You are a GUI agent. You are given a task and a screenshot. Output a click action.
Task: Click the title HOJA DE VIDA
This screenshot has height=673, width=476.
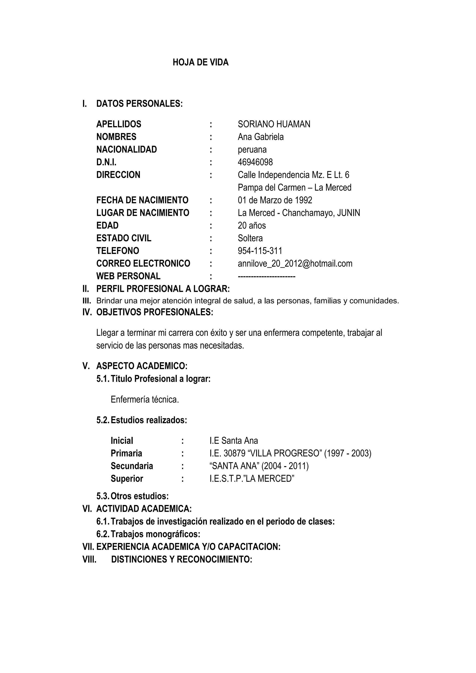pyautogui.click(x=201, y=63)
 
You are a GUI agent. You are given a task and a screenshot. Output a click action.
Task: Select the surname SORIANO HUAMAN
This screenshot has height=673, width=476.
pyautogui.click(x=274, y=124)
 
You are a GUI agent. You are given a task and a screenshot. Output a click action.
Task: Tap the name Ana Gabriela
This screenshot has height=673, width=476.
pyautogui.click(x=261, y=137)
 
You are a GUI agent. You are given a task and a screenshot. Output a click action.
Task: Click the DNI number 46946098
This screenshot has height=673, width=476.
pyautogui.click(x=255, y=162)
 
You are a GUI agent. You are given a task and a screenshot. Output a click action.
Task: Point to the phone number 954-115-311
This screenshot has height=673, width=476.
pyautogui.click(x=260, y=251)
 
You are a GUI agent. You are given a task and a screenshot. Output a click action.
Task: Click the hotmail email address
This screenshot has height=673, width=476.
pyautogui.click(x=295, y=264)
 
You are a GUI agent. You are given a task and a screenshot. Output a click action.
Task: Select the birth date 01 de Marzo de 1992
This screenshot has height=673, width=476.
pyautogui.click(x=275, y=200)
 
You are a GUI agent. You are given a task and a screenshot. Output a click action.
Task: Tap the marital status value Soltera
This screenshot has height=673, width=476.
pyautogui.click(x=250, y=238)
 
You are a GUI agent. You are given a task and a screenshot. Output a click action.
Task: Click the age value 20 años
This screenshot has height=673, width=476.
pyautogui.click(x=252, y=225)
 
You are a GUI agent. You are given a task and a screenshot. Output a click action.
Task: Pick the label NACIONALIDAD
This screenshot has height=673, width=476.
pyautogui.click(x=127, y=149)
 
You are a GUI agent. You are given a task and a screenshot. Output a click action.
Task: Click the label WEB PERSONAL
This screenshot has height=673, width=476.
pyautogui.click(x=128, y=276)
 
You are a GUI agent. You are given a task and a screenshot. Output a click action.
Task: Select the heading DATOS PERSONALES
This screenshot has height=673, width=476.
pyautogui.click(x=139, y=104)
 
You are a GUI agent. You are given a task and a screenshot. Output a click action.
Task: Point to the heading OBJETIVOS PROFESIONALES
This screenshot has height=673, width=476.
pyautogui.click(x=155, y=312)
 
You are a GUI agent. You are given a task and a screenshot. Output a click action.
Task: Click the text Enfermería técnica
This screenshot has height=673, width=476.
pyautogui.click(x=145, y=399)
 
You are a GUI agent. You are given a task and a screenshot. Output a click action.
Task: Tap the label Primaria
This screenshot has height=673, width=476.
pyautogui.click(x=126, y=453)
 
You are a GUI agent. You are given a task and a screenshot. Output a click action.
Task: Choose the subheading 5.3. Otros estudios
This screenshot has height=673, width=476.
pyautogui.click(x=132, y=496)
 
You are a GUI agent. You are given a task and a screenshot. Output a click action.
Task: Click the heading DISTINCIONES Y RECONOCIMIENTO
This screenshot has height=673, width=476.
pyautogui.click(x=182, y=560)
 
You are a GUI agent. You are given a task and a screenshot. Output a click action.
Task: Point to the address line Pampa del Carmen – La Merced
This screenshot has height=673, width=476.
pyautogui.click(x=294, y=188)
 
